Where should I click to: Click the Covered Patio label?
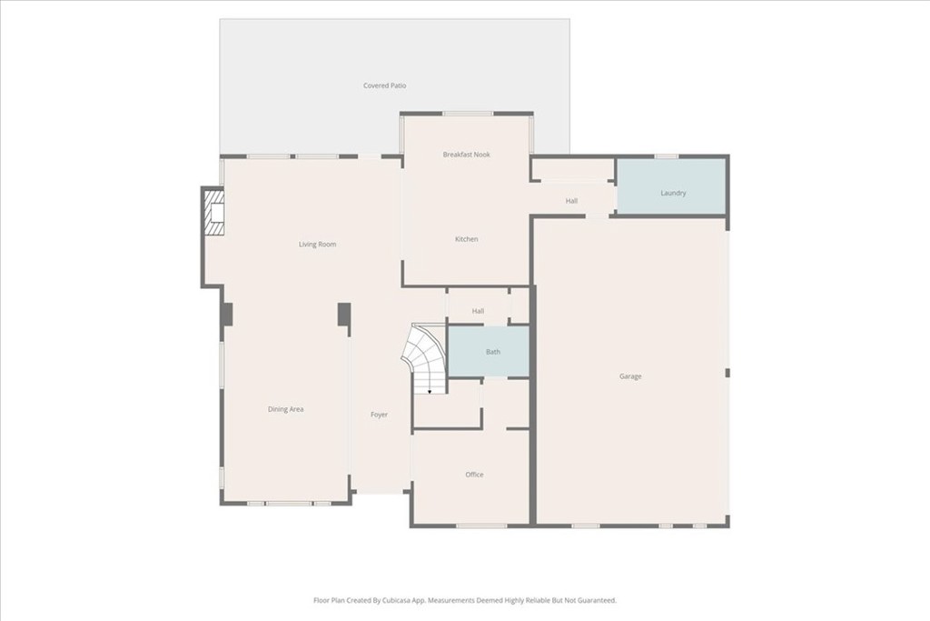[384, 85]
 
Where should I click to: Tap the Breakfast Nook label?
[466, 155]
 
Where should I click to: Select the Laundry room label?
[673, 193]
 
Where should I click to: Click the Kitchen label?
[466, 238]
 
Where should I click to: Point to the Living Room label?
[317, 244]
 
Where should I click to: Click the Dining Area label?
[285, 409]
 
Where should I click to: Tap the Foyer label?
[379, 415]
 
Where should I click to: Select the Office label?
[474, 475]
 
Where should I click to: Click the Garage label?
[630, 376]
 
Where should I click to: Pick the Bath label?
[493, 352]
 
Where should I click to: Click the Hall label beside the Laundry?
[571, 201]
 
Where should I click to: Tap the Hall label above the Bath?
[478, 311]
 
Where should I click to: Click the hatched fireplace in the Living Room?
[213, 212]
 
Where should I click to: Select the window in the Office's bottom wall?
[481, 526]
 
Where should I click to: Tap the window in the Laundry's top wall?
[666, 156]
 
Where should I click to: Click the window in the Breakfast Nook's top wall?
[468, 114]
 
